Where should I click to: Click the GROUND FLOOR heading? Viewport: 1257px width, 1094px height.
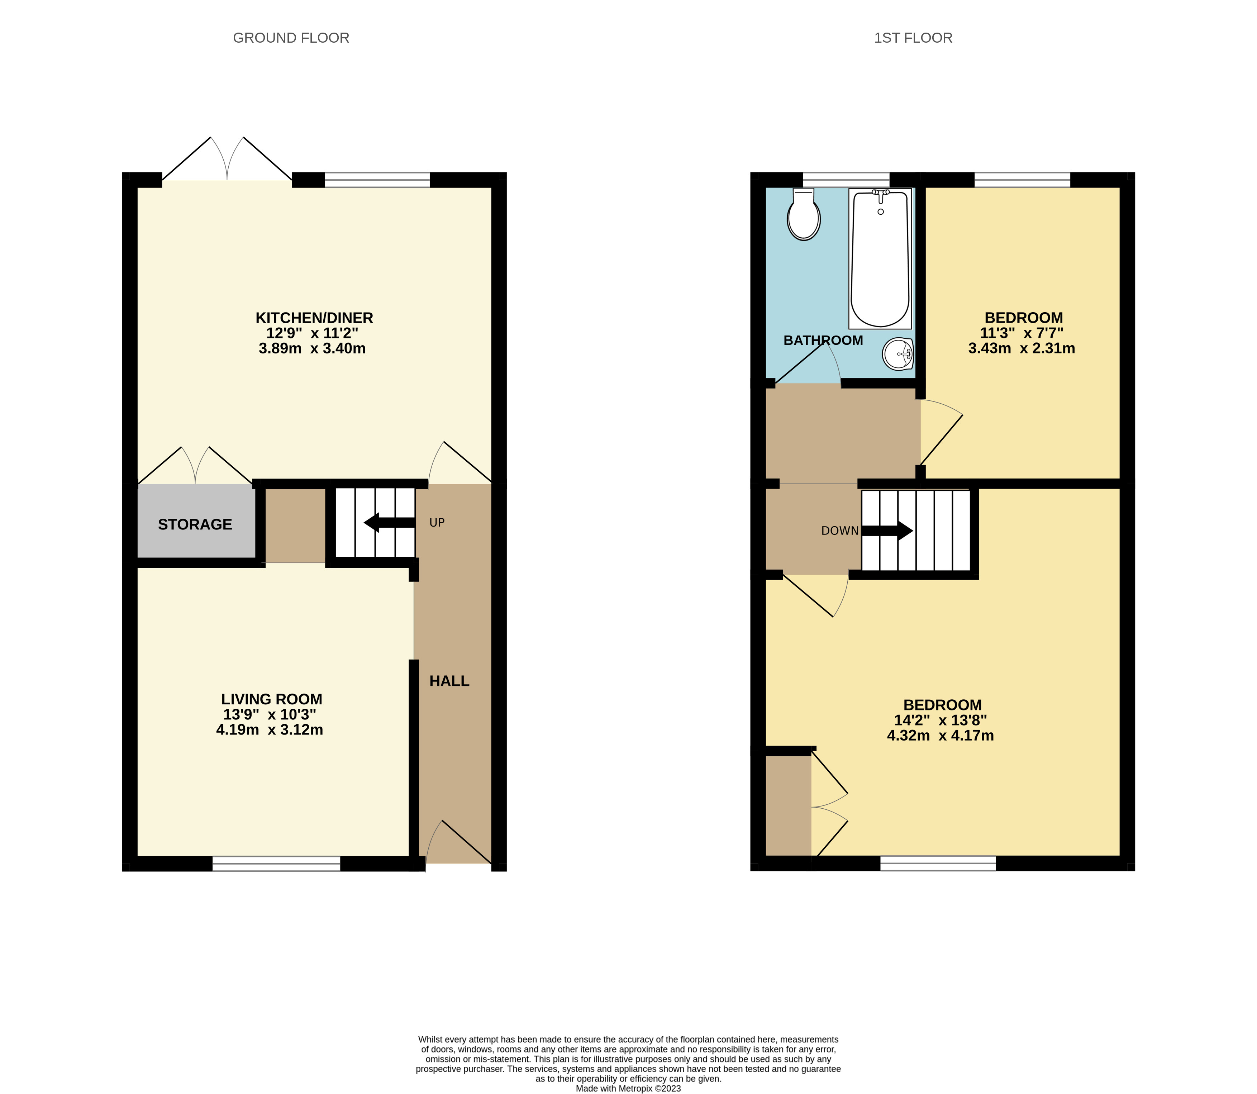pyautogui.click(x=291, y=38)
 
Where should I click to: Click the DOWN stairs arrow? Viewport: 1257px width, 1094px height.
pyautogui.click(x=886, y=531)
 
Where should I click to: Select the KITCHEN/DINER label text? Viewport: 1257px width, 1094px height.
pyautogui.click(x=314, y=318)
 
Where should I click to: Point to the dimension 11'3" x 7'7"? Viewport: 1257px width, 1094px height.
pyautogui.click(x=1022, y=333)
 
